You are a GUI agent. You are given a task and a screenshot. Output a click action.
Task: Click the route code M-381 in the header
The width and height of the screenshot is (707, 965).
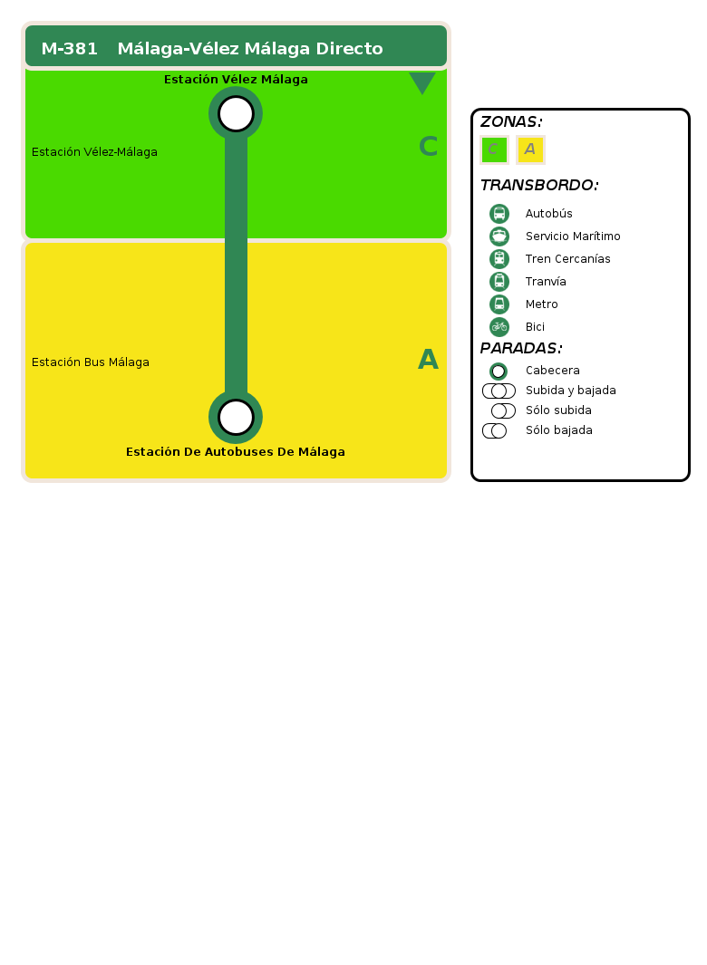pyautogui.click(x=70, y=49)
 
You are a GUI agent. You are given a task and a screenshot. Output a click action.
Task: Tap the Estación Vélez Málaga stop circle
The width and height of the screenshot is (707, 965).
pyautogui.click(x=236, y=114)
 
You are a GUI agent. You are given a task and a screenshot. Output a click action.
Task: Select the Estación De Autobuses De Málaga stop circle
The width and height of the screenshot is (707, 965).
pyautogui.click(x=236, y=418)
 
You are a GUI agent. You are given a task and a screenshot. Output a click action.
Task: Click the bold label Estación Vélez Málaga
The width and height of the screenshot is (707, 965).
pyautogui.click(x=236, y=80)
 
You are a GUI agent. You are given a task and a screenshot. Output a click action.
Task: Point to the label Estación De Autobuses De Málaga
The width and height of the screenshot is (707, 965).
pyautogui.click(x=236, y=452)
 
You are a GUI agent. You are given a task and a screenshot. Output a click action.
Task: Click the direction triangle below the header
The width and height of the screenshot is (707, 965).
pyautogui.click(x=422, y=82)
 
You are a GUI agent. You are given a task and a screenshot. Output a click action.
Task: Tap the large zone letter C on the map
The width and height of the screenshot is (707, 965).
pyautogui.click(x=428, y=147)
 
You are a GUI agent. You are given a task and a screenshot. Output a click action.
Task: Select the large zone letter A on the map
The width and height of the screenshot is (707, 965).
pyautogui.click(x=428, y=360)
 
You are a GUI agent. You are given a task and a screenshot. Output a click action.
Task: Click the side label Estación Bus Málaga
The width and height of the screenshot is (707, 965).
pyautogui.click(x=91, y=362)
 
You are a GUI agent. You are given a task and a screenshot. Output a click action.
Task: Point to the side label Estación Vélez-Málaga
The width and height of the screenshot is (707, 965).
pyautogui.click(x=95, y=152)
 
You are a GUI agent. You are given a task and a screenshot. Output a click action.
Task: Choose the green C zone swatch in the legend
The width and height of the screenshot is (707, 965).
pyautogui.click(x=495, y=150)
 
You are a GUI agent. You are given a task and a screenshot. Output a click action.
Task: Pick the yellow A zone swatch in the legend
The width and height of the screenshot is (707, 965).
pyautogui.click(x=530, y=150)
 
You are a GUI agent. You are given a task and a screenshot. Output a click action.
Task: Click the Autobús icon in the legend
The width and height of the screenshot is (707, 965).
pyautogui.click(x=499, y=214)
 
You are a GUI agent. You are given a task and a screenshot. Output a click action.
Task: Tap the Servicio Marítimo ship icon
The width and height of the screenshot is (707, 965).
pyautogui.click(x=499, y=236)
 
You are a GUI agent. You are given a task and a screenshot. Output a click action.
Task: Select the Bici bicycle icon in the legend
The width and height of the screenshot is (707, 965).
pyautogui.click(x=499, y=327)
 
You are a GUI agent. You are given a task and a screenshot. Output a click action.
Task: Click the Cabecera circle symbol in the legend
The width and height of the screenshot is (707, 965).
pyautogui.click(x=499, y=372)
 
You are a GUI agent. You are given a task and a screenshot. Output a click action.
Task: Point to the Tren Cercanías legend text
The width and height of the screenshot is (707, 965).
pyautogui.click(x=567, y=259)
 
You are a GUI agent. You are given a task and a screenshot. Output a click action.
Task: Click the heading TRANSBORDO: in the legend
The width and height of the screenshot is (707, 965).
pyautogui.click(x=539, y=185)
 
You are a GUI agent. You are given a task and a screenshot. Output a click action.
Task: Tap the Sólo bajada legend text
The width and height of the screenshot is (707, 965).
pyautogui.click(x=559, y=430)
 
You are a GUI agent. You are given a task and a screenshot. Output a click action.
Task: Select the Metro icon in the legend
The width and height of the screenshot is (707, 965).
pyautogui.click(x=499, y=304)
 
